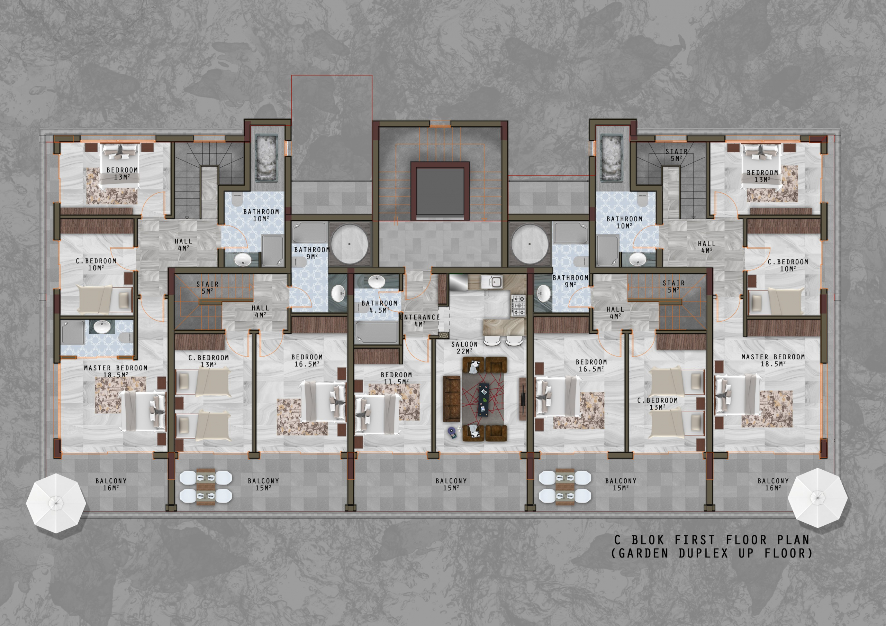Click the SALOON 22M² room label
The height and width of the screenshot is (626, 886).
point(464,348)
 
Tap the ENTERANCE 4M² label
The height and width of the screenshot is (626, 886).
point(420,321)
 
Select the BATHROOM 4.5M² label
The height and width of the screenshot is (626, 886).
point(379,307)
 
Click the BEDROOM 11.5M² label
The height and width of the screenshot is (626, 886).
point(396,378)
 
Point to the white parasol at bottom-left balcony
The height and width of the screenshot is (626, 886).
point(56,503)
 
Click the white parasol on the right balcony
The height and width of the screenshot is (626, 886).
point(817,498)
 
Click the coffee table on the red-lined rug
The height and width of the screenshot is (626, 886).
point(484,399)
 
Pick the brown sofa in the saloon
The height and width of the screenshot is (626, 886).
point(452,399)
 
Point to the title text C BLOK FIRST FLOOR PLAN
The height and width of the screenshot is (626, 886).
point(712,540)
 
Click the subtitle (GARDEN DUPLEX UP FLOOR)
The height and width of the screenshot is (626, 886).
point(712,553)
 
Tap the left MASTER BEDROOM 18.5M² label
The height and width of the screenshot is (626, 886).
point(116,371)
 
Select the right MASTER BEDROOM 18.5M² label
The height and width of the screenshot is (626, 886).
point(773,360)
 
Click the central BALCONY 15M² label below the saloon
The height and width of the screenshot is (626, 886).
point(451,484)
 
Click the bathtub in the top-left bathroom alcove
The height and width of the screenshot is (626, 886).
point(266,157)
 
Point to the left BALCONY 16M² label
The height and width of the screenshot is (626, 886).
point(111,484)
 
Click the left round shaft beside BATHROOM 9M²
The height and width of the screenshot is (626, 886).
point(349,244)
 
